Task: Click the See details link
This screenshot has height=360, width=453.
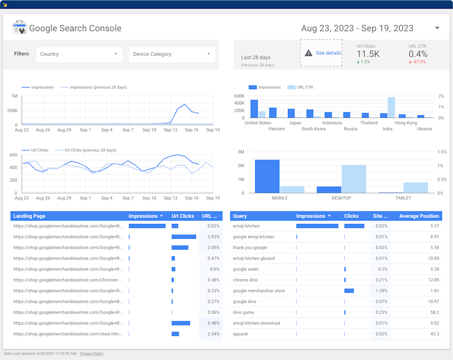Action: (328, 53)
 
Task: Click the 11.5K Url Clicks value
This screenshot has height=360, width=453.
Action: (368, 54)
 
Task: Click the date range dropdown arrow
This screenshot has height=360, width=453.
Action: (437, 28)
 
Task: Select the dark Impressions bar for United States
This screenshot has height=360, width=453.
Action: (254, 109)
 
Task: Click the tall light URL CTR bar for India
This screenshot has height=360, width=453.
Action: (391, 107)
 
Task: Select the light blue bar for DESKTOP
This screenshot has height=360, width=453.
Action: (354, 179)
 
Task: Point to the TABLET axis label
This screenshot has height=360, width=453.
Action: (403, 198)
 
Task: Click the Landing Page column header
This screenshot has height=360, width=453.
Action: (29, 216)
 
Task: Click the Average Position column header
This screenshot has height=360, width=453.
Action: (419, 216)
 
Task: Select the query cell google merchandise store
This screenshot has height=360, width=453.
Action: (259, 291)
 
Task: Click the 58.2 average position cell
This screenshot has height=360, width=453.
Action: (434, 312)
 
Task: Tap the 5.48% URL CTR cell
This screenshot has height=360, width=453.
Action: (213, 323)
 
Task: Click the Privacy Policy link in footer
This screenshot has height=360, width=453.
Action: (92, 353)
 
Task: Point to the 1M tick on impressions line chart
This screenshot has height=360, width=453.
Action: (14, 96)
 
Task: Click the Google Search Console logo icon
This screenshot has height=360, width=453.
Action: (19, 28)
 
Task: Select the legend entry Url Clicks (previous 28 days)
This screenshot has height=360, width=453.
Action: (90, 150)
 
